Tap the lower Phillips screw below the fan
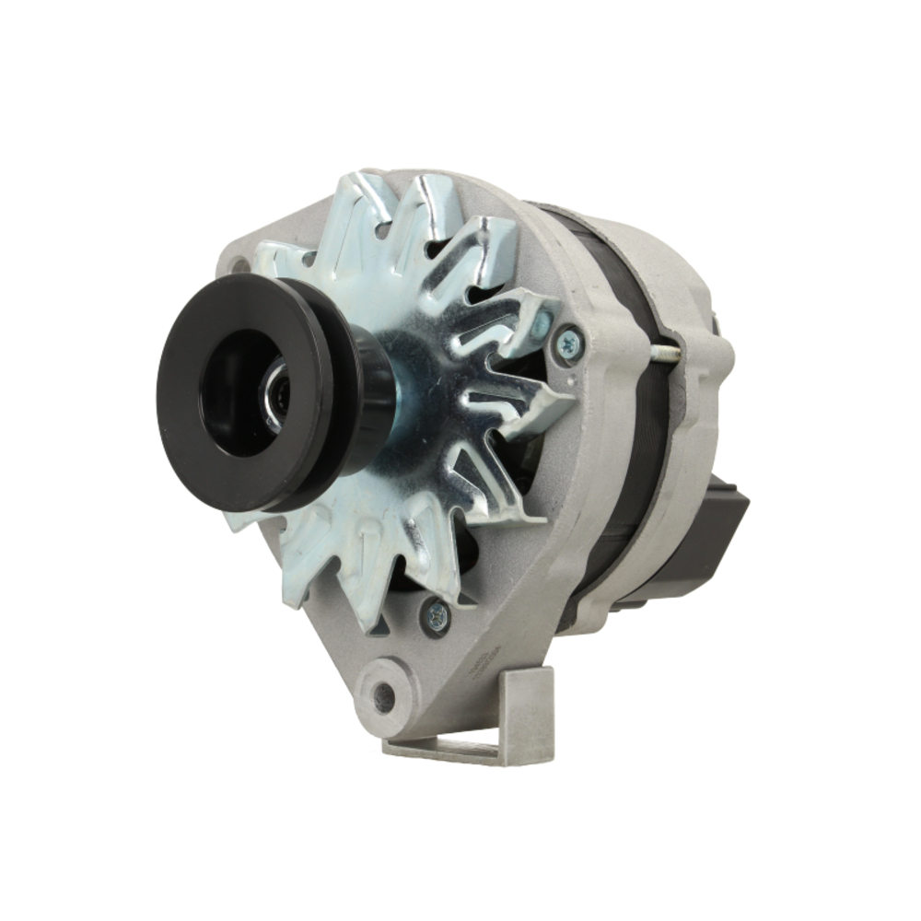(x=436, y=616)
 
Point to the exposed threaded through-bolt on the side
(x=666, y=353)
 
